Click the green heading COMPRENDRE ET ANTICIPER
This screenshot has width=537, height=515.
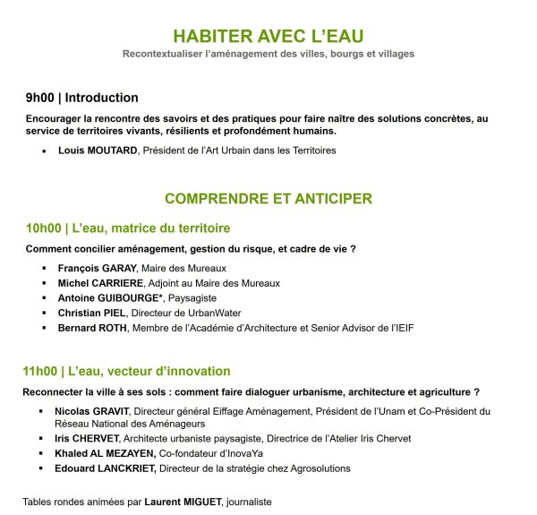pos(268,198)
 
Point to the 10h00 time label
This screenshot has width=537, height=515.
pos(43,227)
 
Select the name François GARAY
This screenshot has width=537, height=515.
pos(97,268)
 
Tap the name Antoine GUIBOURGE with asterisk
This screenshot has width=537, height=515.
pos(105,298)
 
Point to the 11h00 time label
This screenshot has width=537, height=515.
pos(42,371)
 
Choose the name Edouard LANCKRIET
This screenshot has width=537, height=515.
pos(107,468)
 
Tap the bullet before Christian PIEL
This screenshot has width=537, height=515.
pos(43,313)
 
